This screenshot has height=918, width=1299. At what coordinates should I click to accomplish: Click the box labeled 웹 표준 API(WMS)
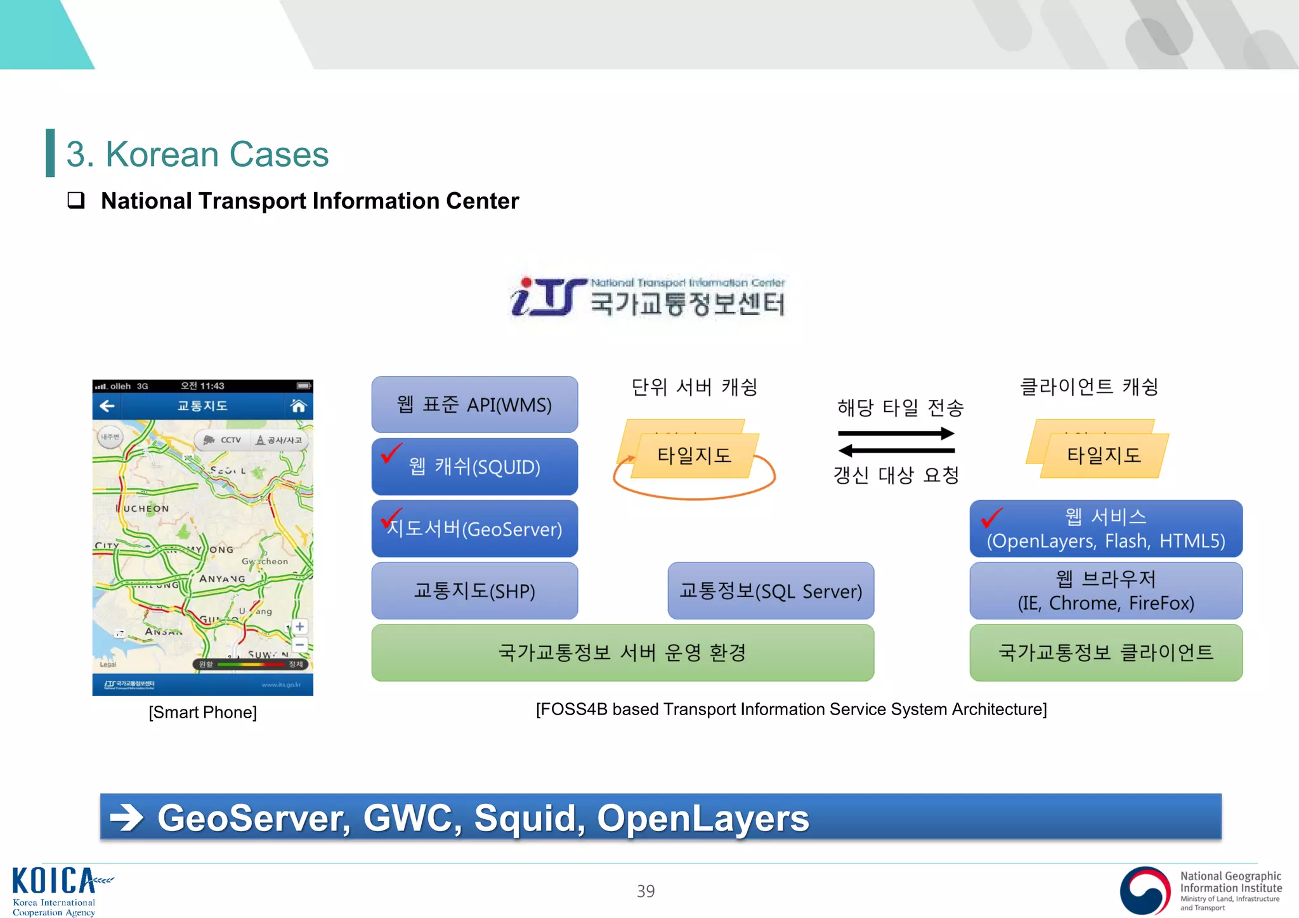(474, 404)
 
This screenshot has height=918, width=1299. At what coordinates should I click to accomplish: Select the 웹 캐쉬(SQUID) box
(474, 467)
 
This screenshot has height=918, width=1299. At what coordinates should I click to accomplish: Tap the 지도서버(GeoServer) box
(474, 529)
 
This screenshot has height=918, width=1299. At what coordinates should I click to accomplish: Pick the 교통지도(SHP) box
(474, 591)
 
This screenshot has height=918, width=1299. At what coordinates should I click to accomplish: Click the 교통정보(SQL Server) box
(771, 591)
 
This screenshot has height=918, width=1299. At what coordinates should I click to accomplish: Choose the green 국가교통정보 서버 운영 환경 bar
(622, 652)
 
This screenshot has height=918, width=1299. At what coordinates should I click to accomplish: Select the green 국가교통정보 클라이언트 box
(1106, 652)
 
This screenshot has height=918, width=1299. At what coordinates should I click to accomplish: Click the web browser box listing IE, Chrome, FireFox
(1106, 591)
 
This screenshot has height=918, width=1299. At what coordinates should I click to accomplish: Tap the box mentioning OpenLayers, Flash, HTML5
(1106, 529)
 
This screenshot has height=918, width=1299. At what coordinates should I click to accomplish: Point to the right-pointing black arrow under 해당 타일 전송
(896, 434)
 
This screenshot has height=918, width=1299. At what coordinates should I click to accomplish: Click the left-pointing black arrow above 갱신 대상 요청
(896, 451)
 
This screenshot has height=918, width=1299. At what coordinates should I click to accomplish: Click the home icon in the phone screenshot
(298, 406)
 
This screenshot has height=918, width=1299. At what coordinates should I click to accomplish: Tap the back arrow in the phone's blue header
(107, 406)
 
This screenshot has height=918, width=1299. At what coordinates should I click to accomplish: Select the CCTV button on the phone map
(223, 439)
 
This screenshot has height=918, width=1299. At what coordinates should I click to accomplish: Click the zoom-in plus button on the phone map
(300, 626)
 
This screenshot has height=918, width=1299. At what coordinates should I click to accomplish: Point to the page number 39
(646, 891)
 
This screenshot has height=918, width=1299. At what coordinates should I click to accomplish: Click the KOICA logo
(57, 890)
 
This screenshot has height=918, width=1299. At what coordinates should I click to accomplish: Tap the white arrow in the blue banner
(127, 817)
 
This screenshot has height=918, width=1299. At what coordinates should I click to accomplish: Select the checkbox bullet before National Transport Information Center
(76, 200)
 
